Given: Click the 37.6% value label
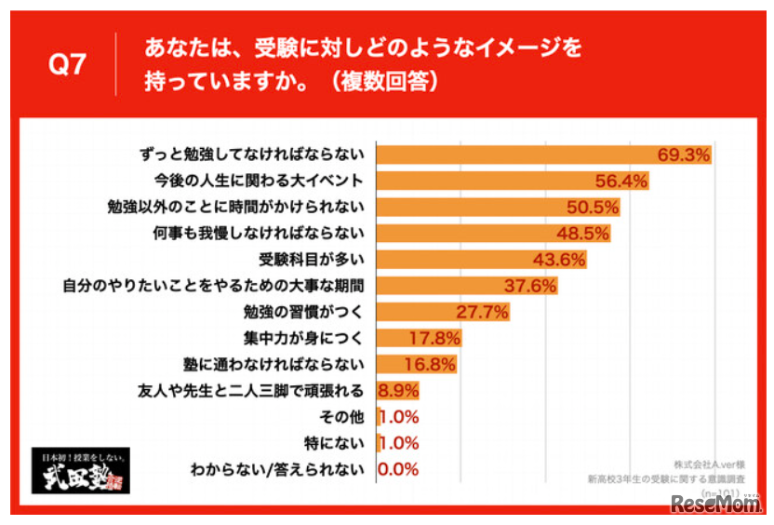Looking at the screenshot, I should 528,285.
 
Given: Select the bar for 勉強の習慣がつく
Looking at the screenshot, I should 419,311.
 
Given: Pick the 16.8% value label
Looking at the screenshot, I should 429,364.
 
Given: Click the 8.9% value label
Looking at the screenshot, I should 396,390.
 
